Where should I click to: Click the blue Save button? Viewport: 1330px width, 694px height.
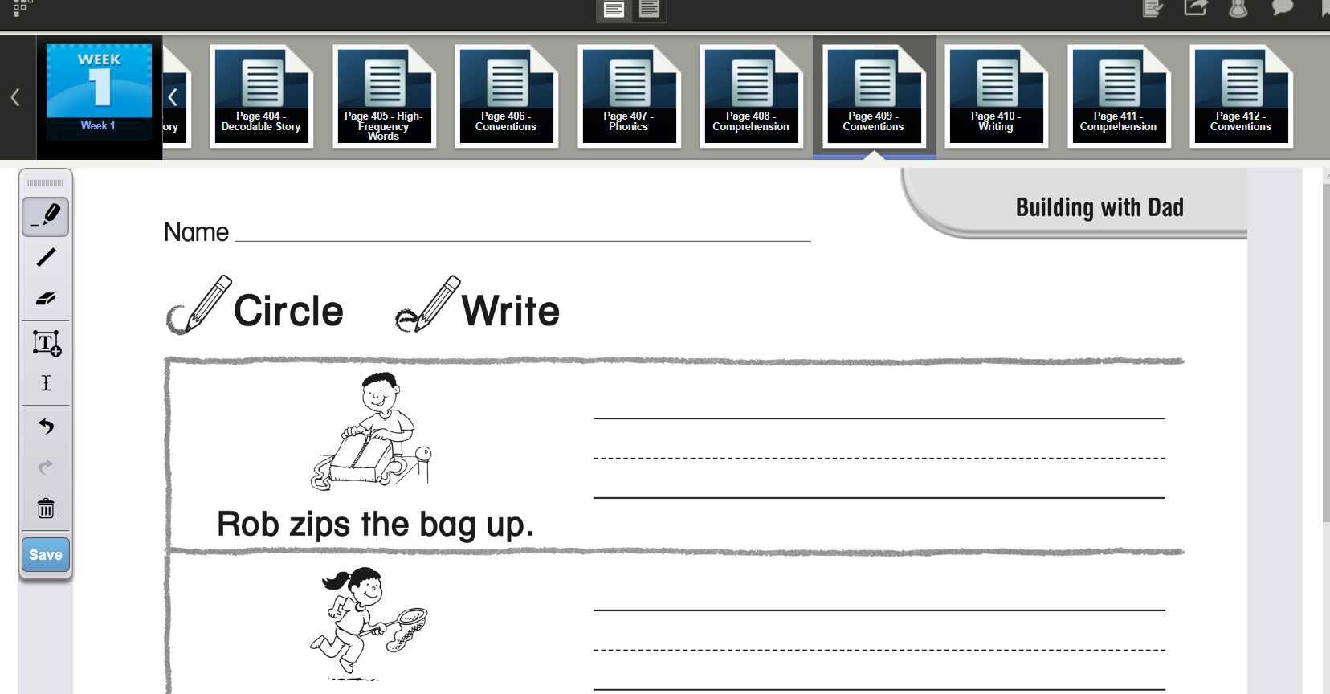46,554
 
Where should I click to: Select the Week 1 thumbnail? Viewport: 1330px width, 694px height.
99,92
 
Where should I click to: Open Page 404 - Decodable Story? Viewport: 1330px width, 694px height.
262,96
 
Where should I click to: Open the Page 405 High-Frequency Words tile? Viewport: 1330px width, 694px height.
384,96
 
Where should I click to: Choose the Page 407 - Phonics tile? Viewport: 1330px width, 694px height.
630,96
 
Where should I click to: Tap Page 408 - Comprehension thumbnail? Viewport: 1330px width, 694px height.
752,96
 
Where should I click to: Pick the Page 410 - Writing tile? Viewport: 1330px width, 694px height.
997,96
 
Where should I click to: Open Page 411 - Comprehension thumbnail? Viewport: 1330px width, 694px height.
1120,96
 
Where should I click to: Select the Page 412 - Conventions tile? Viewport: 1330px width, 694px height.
1242,96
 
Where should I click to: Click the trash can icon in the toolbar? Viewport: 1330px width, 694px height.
46,508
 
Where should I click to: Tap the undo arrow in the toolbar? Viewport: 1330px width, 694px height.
46,426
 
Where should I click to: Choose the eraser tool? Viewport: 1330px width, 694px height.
46,298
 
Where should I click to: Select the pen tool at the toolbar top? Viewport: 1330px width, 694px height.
46,217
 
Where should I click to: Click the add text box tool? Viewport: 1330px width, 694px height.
47,343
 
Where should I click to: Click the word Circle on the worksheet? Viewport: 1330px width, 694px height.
288,311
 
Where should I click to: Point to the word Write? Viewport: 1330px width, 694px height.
511,311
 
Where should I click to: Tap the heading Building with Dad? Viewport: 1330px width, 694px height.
1099,207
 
